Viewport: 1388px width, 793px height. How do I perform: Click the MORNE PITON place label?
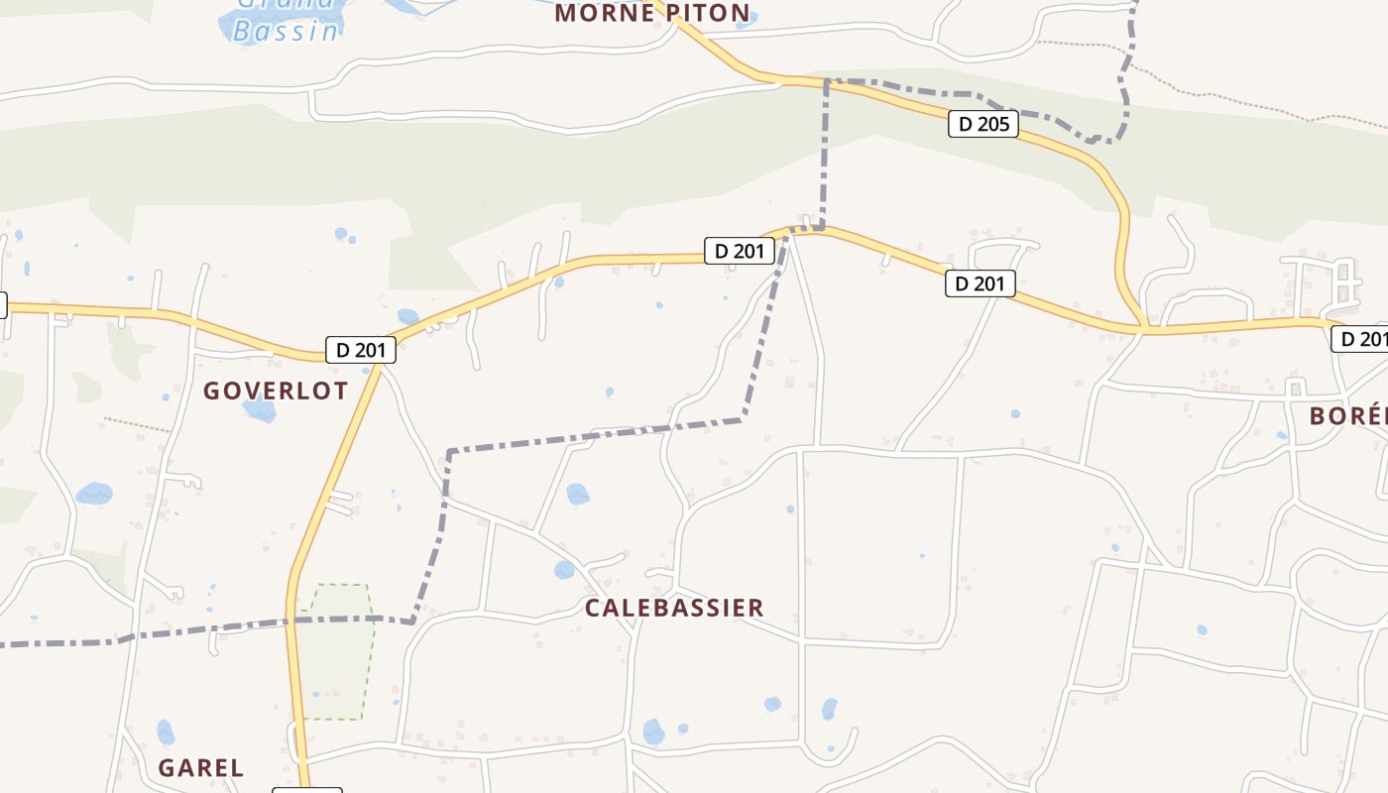651,13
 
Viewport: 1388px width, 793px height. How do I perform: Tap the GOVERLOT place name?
276,391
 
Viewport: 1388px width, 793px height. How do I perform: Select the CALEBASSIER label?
674,608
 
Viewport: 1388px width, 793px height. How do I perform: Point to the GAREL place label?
200,767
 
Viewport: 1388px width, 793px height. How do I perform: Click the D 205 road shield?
983,124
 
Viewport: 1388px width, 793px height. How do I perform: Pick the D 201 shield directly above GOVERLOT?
361,350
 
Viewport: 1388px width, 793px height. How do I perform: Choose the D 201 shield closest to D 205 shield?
980,283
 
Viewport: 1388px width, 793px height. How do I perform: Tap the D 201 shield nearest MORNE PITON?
739,251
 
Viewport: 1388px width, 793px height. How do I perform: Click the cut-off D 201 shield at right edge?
1359,339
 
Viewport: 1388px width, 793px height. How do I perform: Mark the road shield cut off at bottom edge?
307,790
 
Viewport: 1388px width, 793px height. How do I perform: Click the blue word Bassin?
286,31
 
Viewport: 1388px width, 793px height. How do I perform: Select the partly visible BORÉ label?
1348,415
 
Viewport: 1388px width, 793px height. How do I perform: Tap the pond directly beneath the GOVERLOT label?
260,409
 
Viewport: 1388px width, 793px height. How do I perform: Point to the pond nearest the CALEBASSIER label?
564,570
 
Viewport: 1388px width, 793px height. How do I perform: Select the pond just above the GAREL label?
166,733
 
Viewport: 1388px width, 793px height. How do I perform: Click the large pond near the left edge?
94,493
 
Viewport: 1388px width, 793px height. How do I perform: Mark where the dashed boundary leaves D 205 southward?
826,82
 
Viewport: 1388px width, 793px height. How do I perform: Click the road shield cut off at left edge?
3,305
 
